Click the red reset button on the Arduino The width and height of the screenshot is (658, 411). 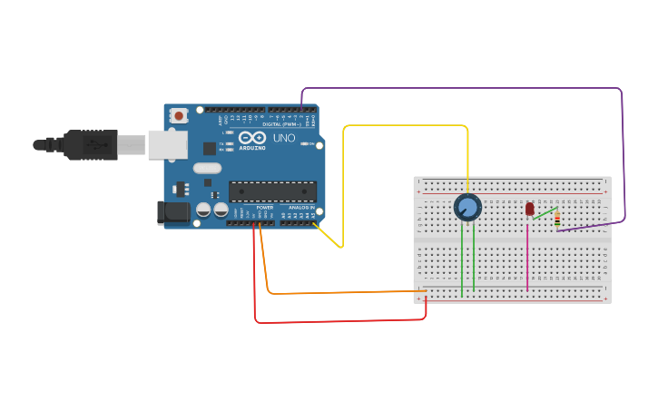coord(179,115)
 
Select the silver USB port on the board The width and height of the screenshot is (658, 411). coord(168,144)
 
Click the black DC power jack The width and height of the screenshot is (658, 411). coord(173,213)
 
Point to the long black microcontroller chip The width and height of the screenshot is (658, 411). coord(272,191)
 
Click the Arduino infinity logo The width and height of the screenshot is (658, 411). coord(252,138)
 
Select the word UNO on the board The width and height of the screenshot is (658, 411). coord(284,138)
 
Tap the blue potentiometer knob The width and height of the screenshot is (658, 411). coord(467,207)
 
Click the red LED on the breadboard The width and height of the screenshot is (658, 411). coord(530,210)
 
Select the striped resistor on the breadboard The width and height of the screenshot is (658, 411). coord(556,219)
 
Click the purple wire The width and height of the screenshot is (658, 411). coord(463,89)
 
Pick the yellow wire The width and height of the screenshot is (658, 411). coord(404,126)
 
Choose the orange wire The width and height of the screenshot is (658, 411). coord(345,292)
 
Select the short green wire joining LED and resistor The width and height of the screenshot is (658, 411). coord(545,213)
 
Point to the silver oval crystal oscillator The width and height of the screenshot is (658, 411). coord(207,168)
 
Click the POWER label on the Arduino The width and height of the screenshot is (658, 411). coord(265,208)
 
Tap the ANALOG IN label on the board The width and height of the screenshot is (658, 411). coord(301,208)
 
